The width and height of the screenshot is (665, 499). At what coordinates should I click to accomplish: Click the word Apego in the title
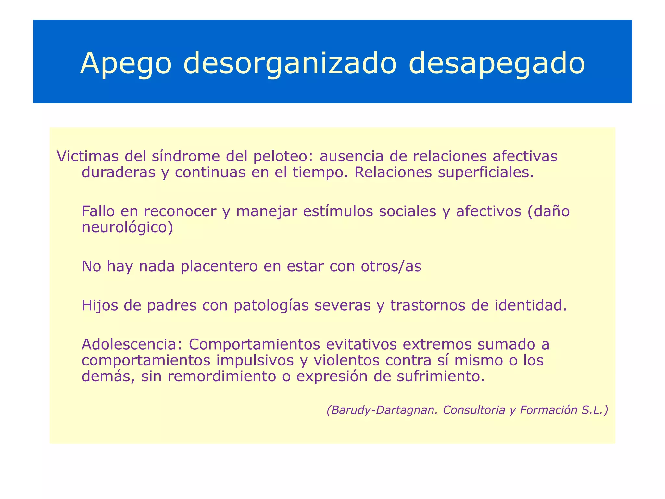[x=126, y=64]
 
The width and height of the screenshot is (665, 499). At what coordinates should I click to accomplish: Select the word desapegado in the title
[x=496, y=64]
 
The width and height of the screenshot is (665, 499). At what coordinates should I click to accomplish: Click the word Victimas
[x=88, y=156]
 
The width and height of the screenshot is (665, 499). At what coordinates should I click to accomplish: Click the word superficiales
[x=485, y=173]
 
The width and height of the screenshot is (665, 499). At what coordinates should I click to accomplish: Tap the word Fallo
[x=98, y=211]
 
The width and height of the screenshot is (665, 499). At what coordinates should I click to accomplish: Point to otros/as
[x=391, y=267]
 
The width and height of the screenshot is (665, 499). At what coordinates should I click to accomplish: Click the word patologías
[x=271, y=306]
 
